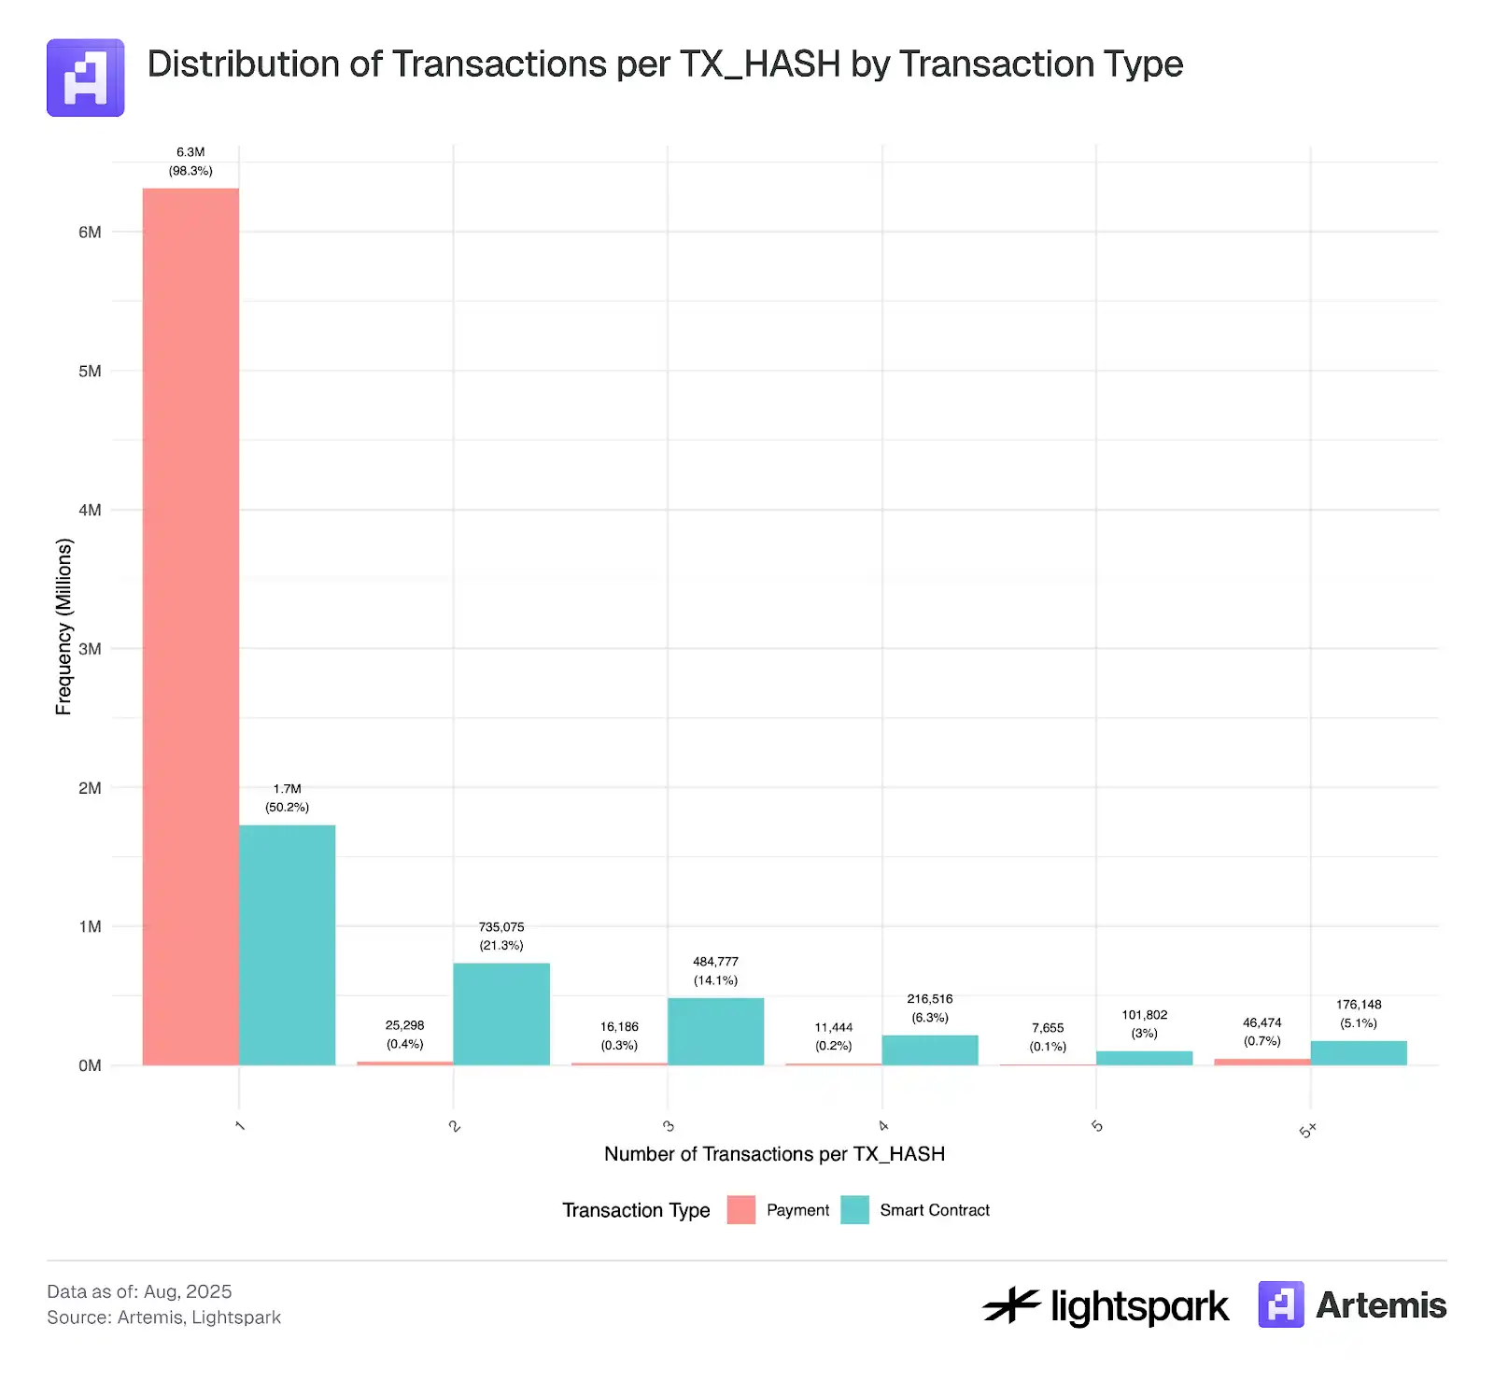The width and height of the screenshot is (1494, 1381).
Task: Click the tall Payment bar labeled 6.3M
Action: point(190,626)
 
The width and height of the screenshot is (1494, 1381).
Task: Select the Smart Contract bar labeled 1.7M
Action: point(287,944)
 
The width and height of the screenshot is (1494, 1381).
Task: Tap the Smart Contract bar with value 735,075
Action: point(501,1013)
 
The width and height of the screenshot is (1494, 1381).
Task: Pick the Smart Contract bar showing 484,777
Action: point(715,1031)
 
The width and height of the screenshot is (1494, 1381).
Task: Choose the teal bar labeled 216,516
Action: point(930,1050)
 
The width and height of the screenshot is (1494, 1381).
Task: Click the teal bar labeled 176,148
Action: point(1359,1052)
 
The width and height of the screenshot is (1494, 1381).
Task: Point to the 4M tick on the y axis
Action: point(90,510)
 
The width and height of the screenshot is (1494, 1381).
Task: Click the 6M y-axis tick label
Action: point(90,232)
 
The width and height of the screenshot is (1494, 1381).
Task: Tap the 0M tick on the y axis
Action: point(90,1065)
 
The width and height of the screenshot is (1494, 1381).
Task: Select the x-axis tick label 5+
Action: point(1307,1130)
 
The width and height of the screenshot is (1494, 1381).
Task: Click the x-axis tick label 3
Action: point(669,1126)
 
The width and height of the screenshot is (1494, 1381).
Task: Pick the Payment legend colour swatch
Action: point(740,1210)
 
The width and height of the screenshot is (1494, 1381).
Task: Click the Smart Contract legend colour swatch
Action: point(854,1210)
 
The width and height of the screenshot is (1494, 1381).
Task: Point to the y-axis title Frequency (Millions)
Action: point(63,627)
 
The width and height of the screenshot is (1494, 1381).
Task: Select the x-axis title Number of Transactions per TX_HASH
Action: point(774,1154)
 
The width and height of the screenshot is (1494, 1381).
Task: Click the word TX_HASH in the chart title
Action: point(759,64)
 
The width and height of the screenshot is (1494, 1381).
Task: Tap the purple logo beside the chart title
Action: point(86,78)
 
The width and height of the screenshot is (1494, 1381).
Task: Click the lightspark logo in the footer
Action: point(1106,1305)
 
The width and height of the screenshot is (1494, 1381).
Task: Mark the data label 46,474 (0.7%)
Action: point(1261,1032)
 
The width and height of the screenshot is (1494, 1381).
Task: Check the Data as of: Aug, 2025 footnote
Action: point(139,1291)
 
